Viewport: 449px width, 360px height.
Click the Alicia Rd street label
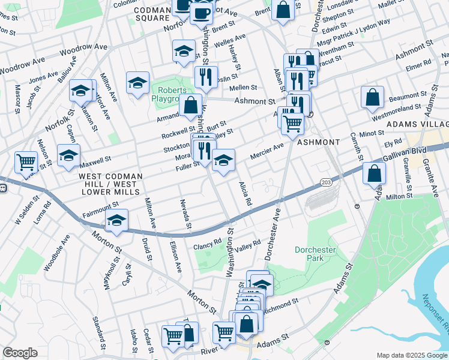click(x=244, y=194)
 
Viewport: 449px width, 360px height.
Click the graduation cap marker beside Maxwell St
click(x=68, y=155)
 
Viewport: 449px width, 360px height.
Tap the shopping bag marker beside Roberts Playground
click(x=190, y=105)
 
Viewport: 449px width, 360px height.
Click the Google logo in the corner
click(x=20, y=353)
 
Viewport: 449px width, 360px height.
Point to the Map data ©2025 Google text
click(x=411, y=355)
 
